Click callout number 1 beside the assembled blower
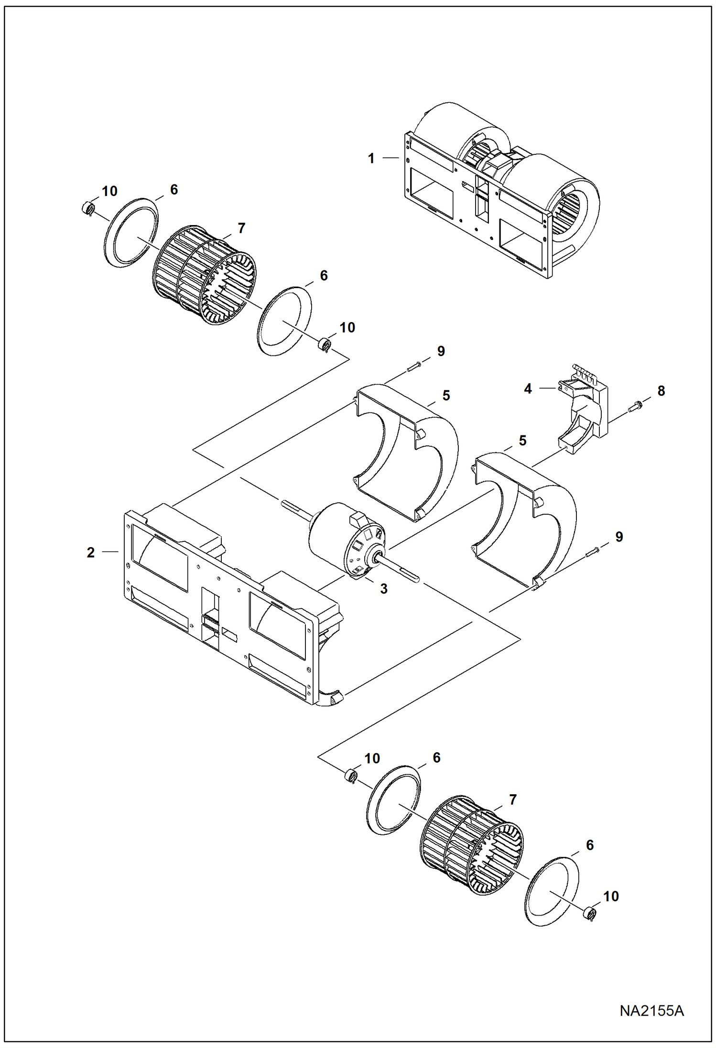pos(371,159)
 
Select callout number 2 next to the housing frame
pos(91,552)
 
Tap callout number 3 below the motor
pos(383,589)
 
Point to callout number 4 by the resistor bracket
pos(528,389)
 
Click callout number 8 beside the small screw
pos(661,391)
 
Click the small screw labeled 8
pos(637,406)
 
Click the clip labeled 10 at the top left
pos(87,208)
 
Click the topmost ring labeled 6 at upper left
pos(130,232)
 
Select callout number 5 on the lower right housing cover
pos(522,441)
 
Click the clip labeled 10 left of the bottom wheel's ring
pos(351,775)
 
